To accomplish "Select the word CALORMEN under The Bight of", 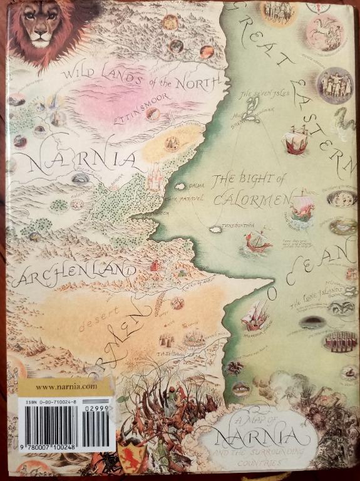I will point(249,200).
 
